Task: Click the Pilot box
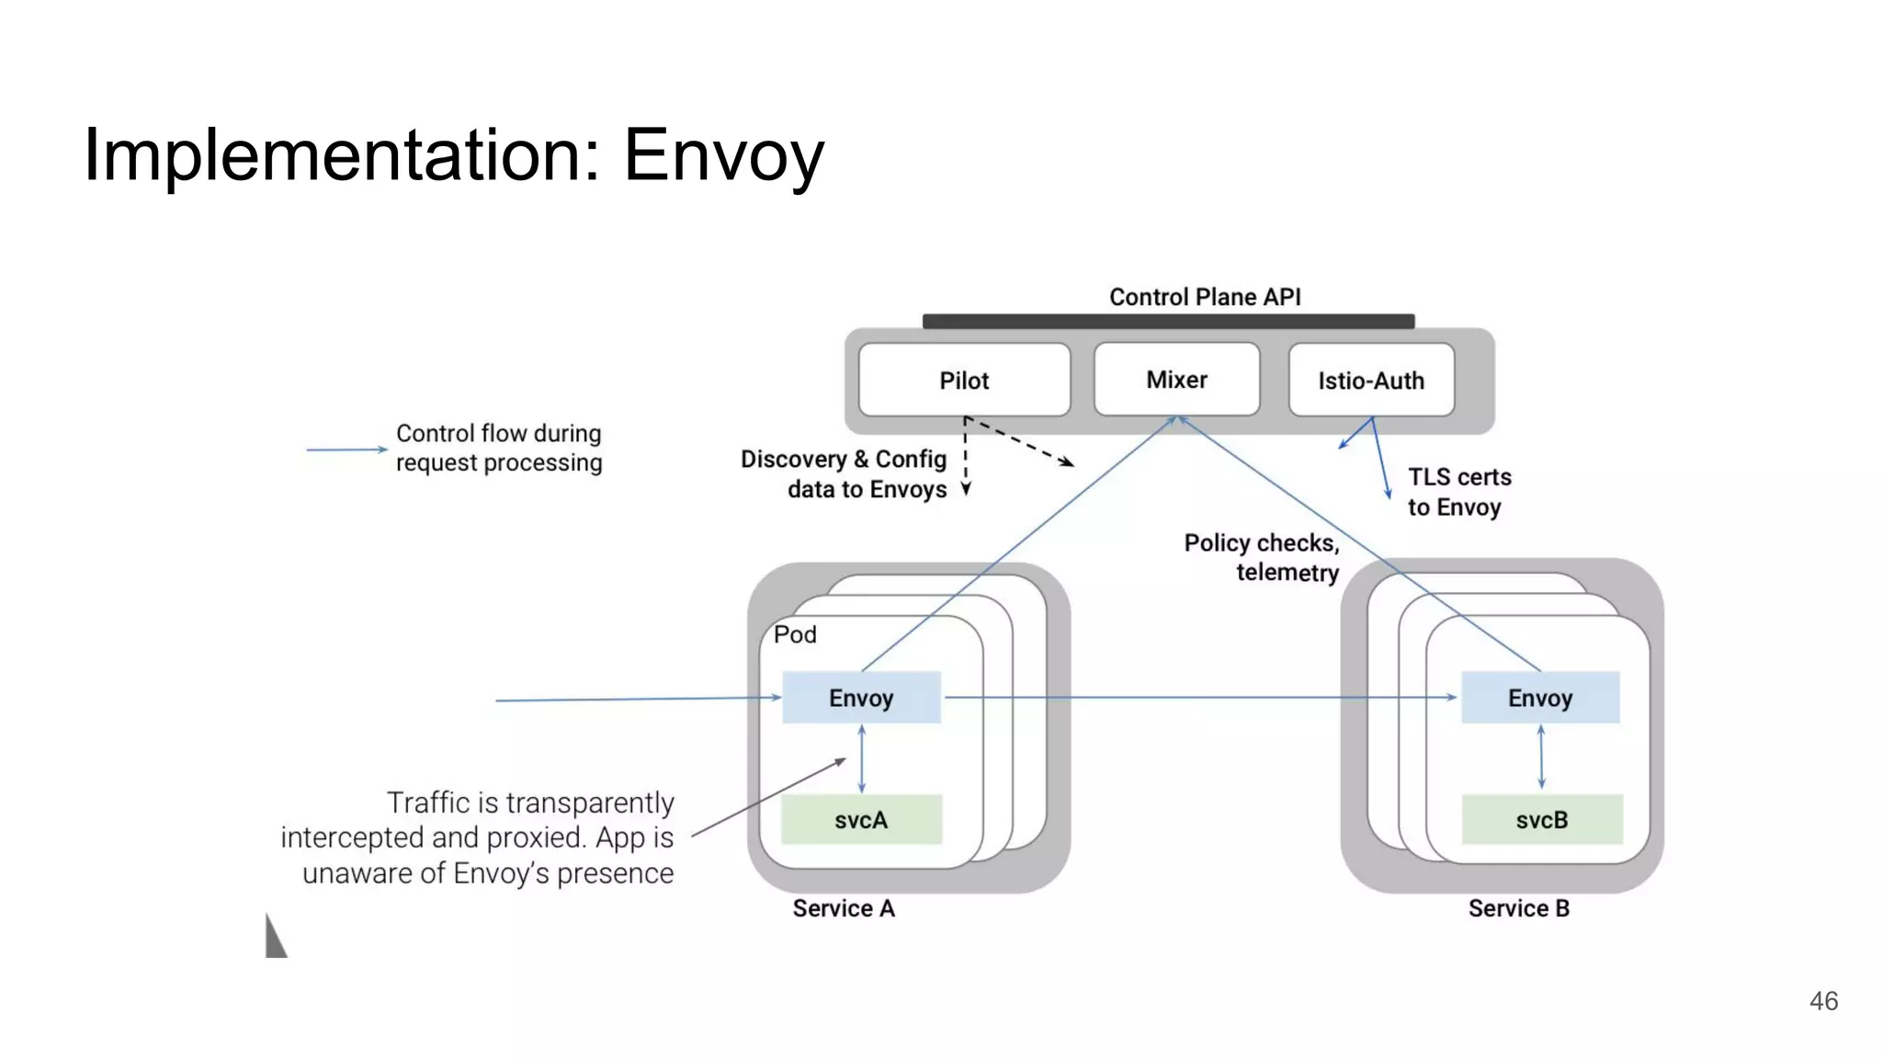click(964, 381)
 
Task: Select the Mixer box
click(1176, 380)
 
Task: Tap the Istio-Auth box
click(1371, 381)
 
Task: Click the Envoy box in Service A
click(861, 698)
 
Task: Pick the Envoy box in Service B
click(1540, 698)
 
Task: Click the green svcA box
click(861, 819)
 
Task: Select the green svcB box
click(1542, 819)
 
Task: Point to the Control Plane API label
click(1205, 297)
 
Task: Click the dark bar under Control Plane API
click(1168, 321)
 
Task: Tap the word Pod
click(795, 634)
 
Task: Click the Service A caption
click(844, 908)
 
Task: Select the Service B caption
click(1519, 908)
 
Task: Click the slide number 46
click(1823, 1001)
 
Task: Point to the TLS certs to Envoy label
click(1459, 492)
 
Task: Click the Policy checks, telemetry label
click(1262, 557)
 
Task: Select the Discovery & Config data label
click(844, 473)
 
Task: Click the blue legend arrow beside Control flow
click(346, 450)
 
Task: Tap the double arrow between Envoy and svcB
click(1541, 757)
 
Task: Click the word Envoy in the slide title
click(723, 155)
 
